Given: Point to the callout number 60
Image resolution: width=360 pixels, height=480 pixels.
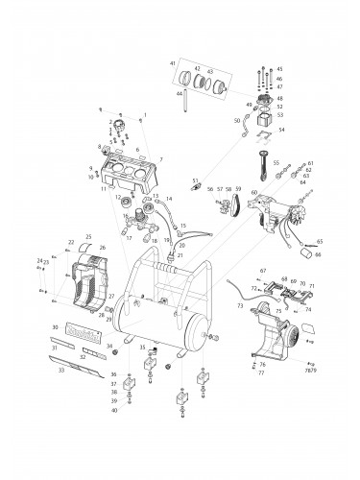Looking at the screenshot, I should click(x=254, y=193).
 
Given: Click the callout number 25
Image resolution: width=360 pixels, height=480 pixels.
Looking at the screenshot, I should click(x=88, y=236).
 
